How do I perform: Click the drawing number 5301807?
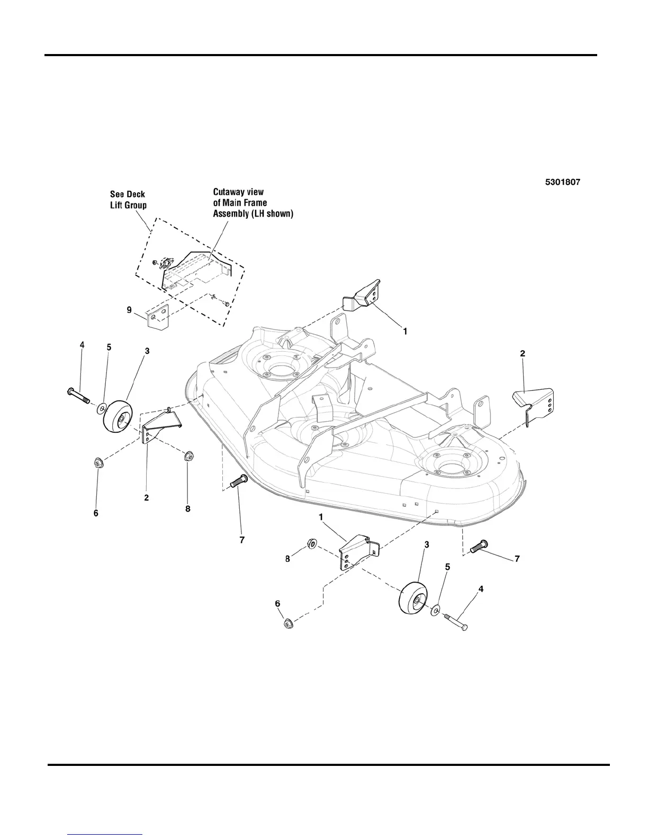pos(563,182)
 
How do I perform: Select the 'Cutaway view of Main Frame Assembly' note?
pos(253,202)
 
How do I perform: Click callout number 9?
pos(129,310)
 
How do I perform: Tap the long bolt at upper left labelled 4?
pos(79,396)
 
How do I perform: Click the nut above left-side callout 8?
pos(188,457)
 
